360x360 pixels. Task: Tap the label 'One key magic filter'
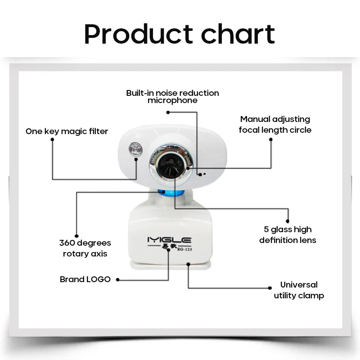click(x=67, y=131)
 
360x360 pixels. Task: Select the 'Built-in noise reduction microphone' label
click(x=172, y=97)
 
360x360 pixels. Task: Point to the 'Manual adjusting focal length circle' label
click(x=275, y=125)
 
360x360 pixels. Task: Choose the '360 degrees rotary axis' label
click(x=85, y=248)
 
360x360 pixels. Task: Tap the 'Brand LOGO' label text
click(x=85, y=279)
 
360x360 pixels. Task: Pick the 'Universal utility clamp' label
click(x=299, y=290)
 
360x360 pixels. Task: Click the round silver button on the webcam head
click(x=134, y=149)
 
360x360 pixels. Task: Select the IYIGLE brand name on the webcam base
click(x=169, y=240)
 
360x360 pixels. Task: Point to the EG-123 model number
click(x=183, y=250)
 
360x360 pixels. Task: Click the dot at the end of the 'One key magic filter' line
click(x=53, y=139)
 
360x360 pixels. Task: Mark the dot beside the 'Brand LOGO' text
click(x=117, y=279)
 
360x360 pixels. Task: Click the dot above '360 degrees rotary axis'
click(x=77, y=235)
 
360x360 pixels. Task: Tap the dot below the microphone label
click(x=167, y=112)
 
